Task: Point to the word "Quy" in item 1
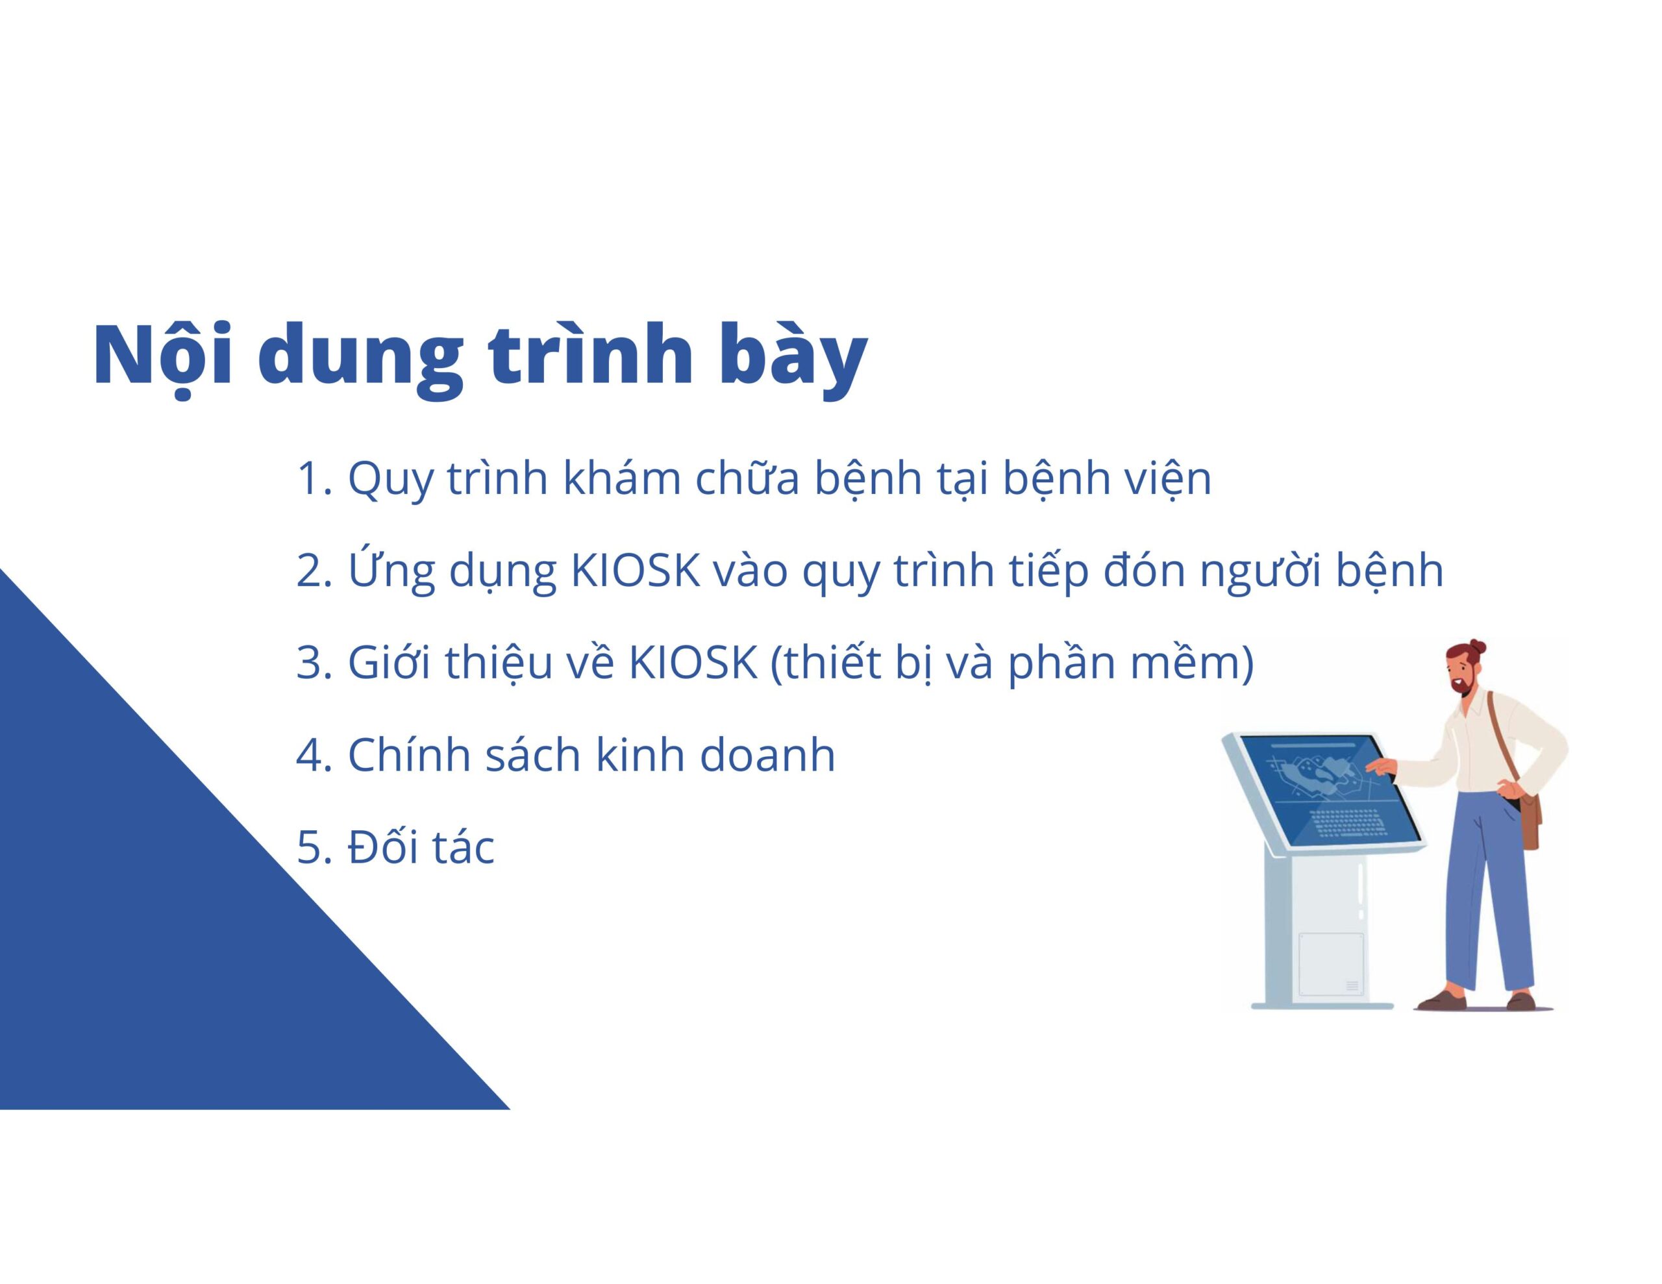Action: point(390,481)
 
